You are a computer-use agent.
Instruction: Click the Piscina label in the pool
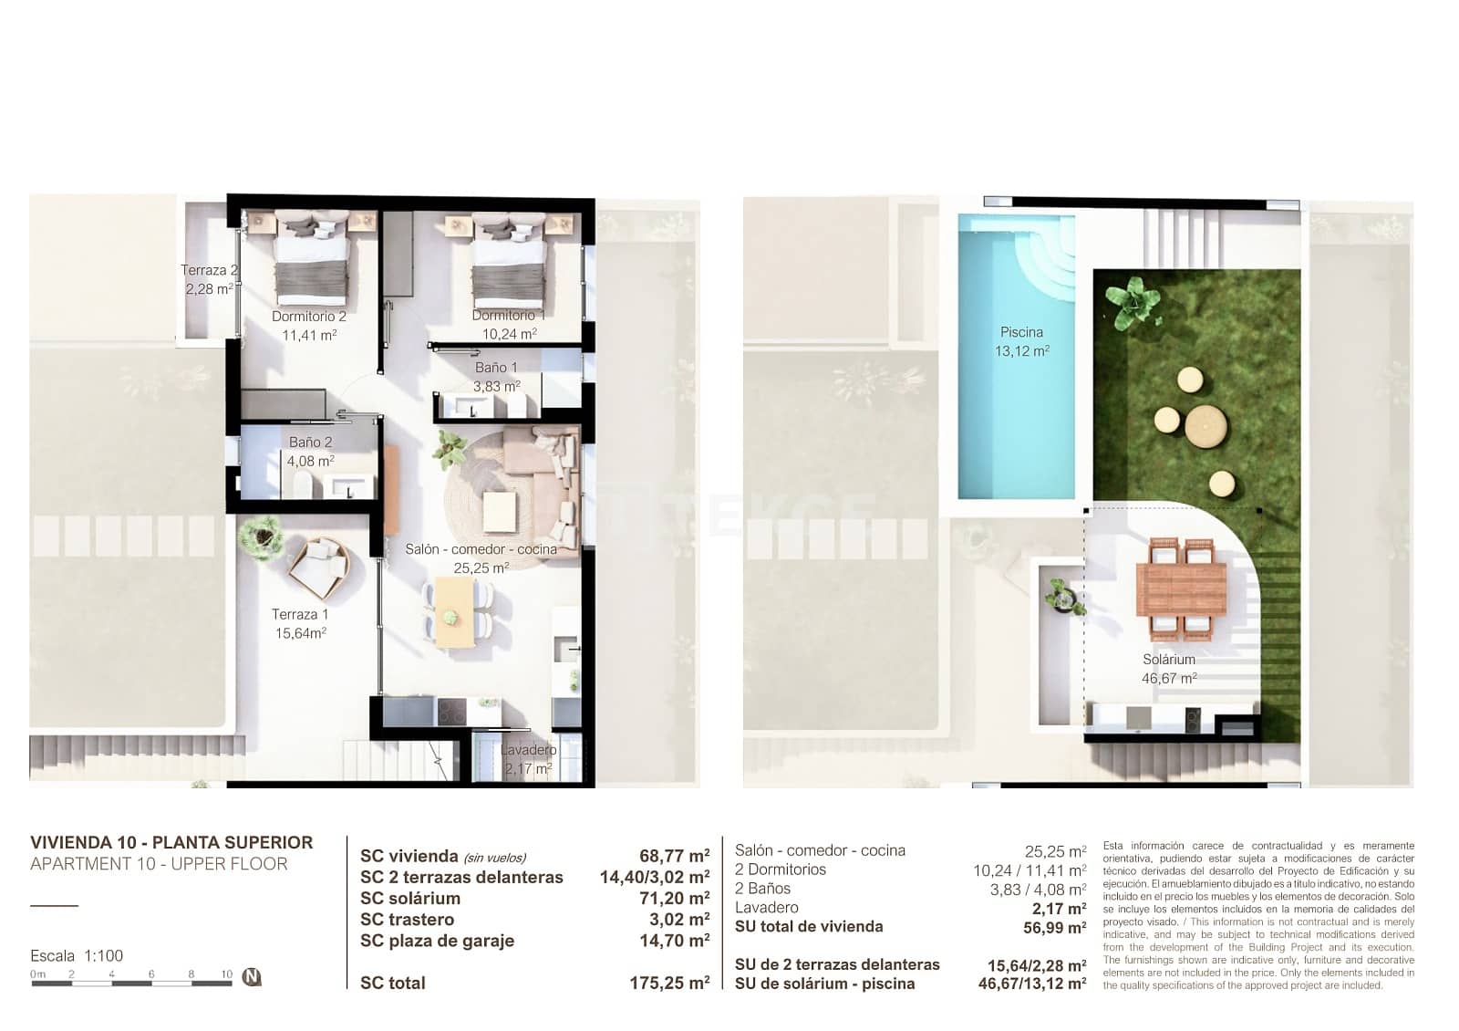coord(1021,333)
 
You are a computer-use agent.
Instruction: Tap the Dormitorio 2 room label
coord(308,317)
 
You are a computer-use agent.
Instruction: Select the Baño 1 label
coord(496,368)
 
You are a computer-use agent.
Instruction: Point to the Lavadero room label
coord(528,750)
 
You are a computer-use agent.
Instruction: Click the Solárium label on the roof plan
coord(1168,660)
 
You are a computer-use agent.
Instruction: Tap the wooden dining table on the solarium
coord(1181,588)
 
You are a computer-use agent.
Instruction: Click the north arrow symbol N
coord(253,977)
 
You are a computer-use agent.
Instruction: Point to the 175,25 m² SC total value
coord(668,983)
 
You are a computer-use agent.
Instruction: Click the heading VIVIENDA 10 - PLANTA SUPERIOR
coord(171,842)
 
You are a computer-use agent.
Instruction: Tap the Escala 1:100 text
coord(77,955)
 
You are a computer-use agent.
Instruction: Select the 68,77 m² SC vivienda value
coord(674,856)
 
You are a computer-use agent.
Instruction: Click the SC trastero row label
coord(407,920)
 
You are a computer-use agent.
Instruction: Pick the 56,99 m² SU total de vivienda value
coord(1054,928)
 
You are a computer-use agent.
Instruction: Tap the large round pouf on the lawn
coord(1205,425)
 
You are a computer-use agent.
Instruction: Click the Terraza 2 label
coord(209,270)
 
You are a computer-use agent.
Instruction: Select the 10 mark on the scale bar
coord(226,974)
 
